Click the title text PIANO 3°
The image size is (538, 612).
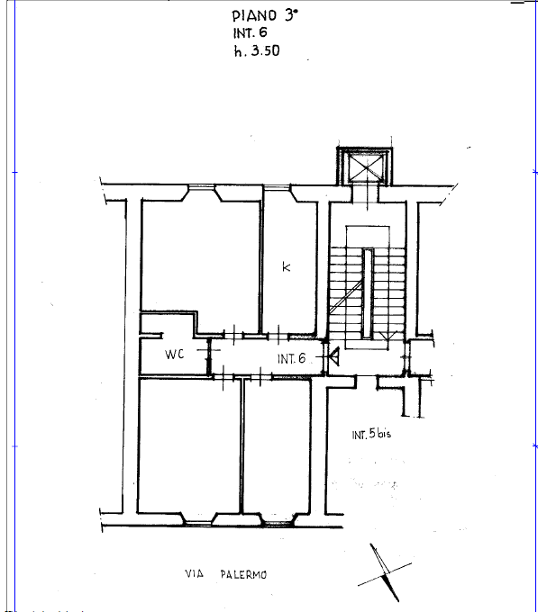265,15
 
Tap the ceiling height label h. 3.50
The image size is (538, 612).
257,51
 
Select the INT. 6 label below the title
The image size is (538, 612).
250,32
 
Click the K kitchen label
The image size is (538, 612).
287,267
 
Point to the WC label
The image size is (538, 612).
174,354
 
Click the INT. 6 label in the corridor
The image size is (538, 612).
291,359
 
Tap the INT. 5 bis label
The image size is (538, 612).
371,434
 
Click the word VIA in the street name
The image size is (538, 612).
194,574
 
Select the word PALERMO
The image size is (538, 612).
243,574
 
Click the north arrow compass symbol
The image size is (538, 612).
385,573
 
